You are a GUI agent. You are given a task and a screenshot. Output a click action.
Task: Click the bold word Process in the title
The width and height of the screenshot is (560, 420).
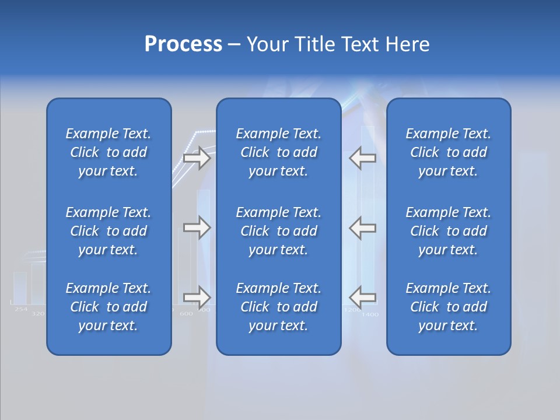point(183,44)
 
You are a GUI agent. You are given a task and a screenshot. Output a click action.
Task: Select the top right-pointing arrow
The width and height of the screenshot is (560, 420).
point(197,158)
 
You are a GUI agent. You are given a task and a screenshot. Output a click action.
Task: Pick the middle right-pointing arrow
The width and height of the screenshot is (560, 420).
point(197,228)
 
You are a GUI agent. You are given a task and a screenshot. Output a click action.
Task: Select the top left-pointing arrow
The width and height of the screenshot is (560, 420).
point(363,158)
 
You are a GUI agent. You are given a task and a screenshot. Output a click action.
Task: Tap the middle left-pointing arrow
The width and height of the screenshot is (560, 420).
point(363,228)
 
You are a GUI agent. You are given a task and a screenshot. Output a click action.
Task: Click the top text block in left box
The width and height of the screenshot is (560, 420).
point(108,152)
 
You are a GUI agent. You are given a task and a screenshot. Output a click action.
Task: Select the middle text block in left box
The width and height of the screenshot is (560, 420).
point(108,231)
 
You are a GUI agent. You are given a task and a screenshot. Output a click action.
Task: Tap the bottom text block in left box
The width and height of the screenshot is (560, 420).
point(108,307)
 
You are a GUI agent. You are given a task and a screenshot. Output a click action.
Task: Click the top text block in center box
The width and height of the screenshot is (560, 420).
point(279,152)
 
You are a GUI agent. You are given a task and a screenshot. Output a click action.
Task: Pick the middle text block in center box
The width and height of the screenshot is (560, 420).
point(279,231)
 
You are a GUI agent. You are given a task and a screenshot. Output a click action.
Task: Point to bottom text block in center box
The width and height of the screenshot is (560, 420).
point(279,307)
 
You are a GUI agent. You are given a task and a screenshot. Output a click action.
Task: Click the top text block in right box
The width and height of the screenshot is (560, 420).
point(449,152)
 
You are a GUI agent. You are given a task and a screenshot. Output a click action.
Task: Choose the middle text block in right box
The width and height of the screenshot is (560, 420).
point(449,231)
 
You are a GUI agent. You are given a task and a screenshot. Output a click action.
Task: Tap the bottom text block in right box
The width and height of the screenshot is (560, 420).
point(449,307)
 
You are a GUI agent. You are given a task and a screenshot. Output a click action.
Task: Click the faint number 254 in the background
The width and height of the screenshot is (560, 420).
point(21,309)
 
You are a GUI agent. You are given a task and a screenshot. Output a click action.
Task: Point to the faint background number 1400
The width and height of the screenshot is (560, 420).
point(370,314)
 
